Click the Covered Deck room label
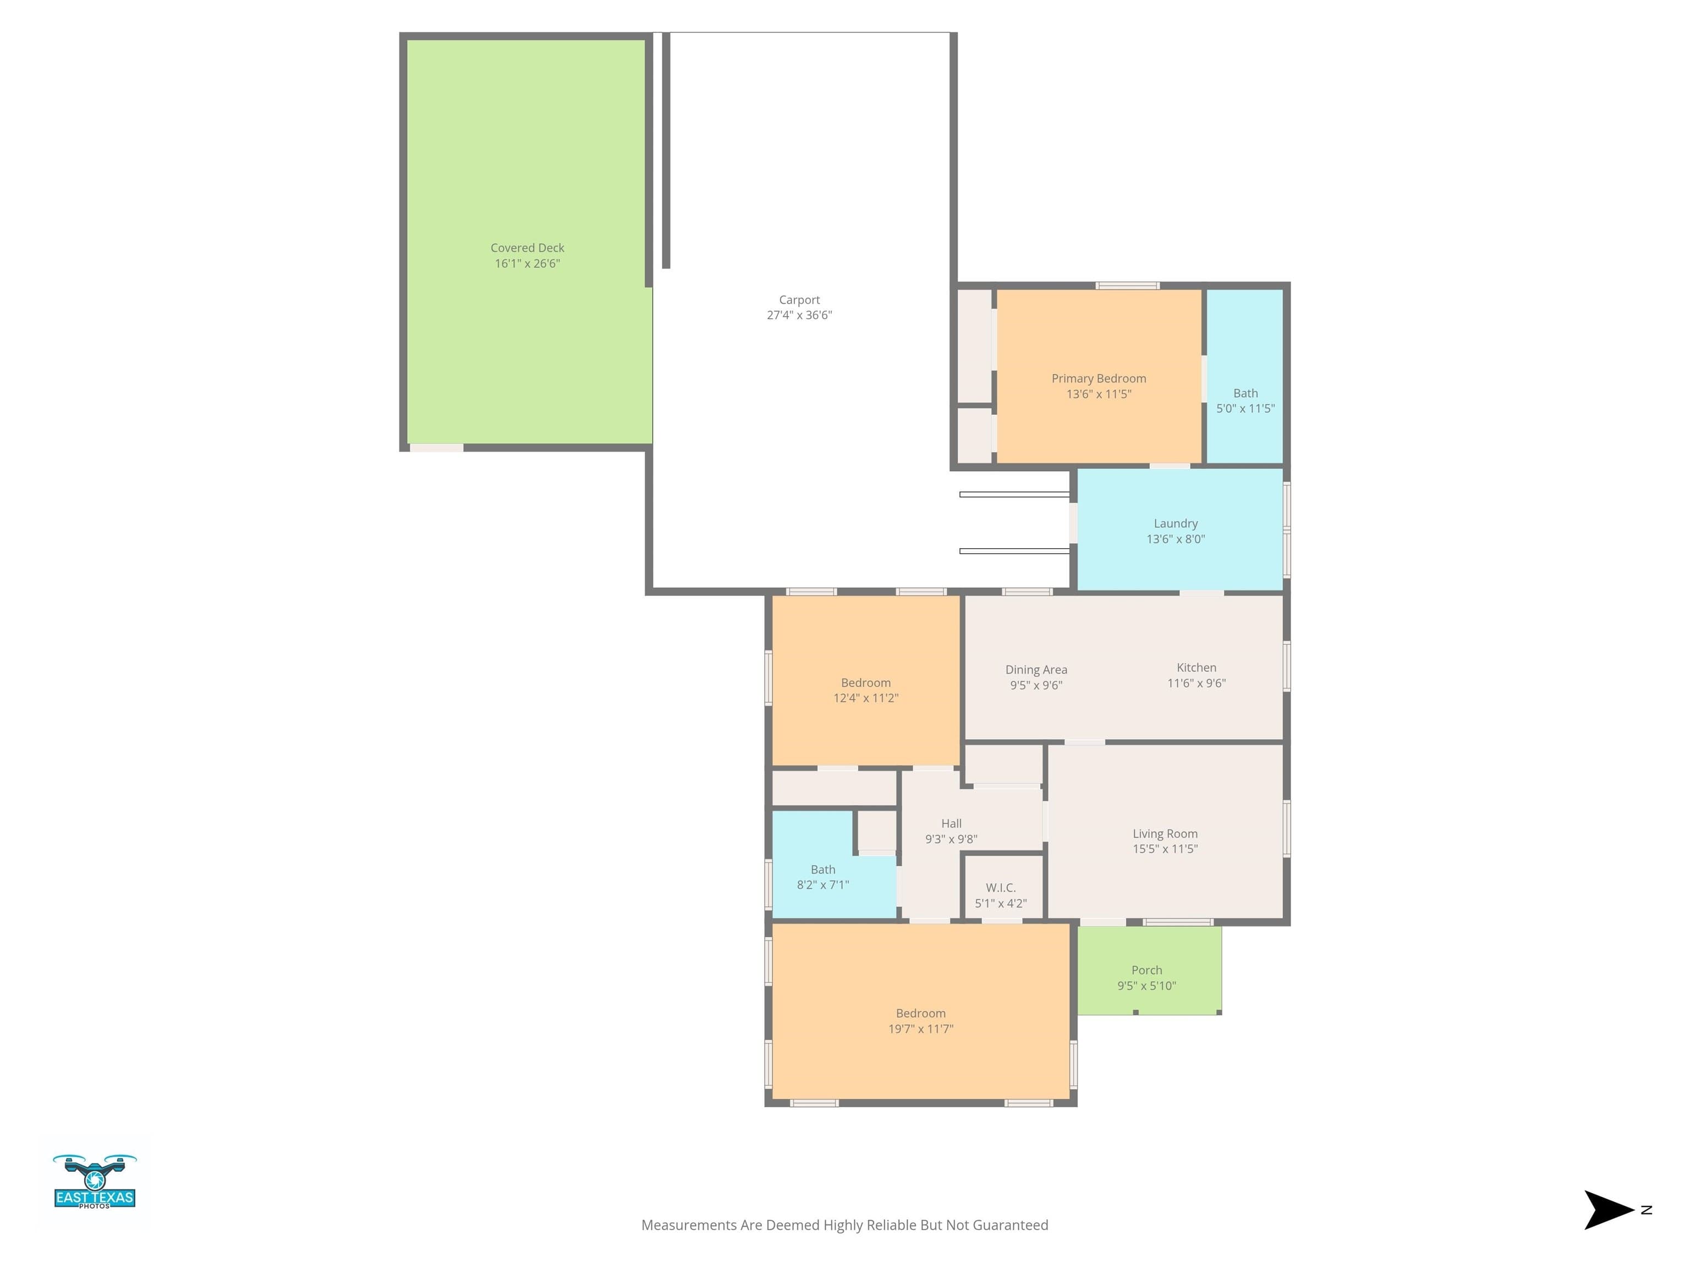[527, 248]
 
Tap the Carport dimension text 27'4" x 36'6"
[799, 315]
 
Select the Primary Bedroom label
[1099, 378]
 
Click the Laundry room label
[1175, 523]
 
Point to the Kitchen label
[1197, 667]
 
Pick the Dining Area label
[1036, 670]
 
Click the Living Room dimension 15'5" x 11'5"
[1165, 849]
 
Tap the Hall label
[951, 823]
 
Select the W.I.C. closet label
[1001, 887]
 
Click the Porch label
[1147, 970]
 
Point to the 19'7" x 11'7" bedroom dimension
[920, 1029]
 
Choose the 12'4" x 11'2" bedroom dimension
[865, 698]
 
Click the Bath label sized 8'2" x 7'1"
[823, 869]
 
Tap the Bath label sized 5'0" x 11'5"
[1245, 393]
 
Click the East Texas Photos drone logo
[95, 1182]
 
